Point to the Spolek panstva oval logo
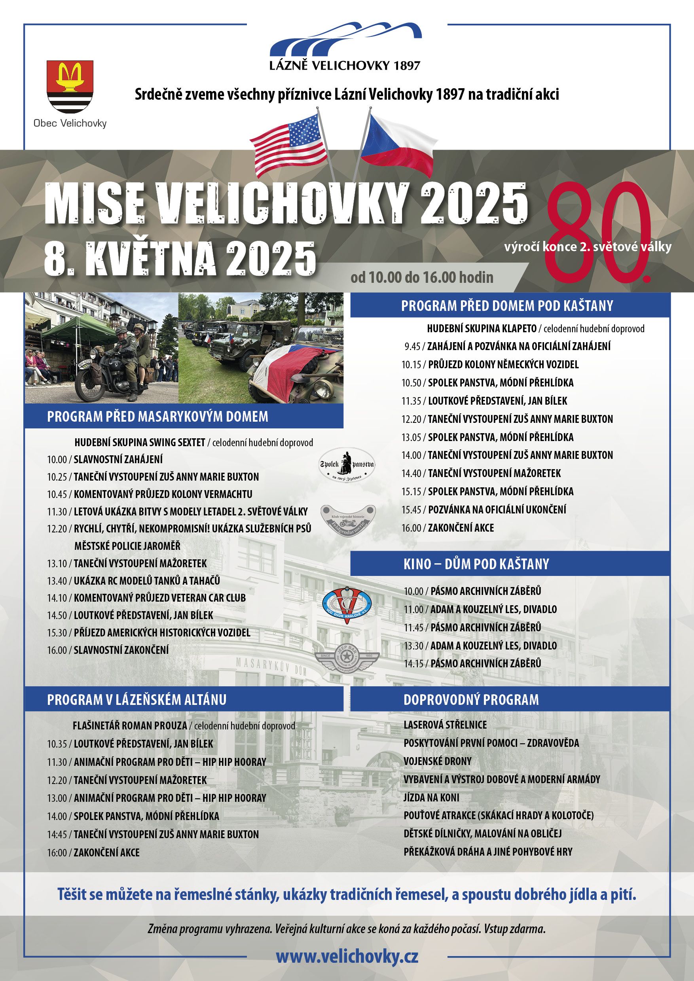347,465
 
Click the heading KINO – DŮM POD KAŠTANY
476,564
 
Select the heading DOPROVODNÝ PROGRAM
471,700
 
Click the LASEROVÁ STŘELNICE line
445,725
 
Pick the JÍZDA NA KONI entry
431,797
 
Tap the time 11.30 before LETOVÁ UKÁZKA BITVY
57,512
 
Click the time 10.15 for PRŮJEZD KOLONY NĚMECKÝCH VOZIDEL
411,364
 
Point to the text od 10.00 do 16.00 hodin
422,278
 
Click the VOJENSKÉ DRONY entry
437,761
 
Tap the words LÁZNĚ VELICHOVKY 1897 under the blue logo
345,65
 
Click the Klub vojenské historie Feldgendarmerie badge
347,521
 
